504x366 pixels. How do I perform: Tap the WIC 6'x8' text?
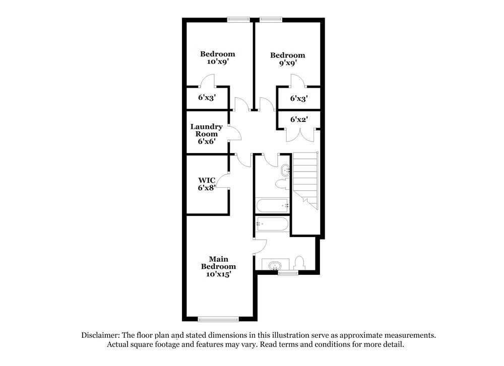(x=206, y=184)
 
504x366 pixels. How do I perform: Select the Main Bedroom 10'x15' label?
(x=218, y=267)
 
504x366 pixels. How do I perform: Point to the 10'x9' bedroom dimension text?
(x=217, y=62)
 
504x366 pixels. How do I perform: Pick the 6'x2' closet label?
(x=299, y=120)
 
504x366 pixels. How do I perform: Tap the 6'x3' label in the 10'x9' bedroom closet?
(x=207, y=98)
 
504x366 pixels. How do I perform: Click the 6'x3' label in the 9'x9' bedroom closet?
(x=299, y=99)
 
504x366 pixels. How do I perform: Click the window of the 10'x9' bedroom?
(x=238, y=20)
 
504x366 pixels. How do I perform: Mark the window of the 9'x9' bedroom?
(x=271, y=20)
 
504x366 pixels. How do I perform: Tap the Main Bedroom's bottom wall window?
(x=218, y=319)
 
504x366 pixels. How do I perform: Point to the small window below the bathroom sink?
(x=288, y=273)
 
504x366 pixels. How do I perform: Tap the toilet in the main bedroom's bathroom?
(x=299, y=262)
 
